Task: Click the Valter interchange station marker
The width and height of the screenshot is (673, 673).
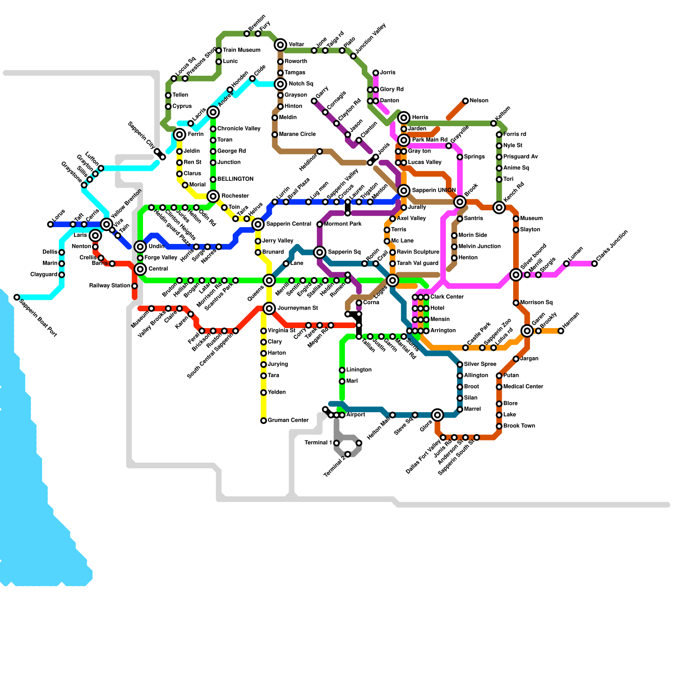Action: pyautogui.click(x=281, y=45)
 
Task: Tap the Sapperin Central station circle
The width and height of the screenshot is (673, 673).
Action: pyautogui.click(x=258, y=224)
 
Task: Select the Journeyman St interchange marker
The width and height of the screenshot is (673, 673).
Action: pyautogui.click(x=269, y=308)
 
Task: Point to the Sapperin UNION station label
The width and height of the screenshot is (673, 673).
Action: pyautogui.click(x=434, y=191)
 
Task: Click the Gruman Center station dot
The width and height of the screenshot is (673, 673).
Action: pyautogui.click(x=264, y=421)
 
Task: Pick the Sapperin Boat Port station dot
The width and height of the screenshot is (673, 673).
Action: pyautogui.click(x=17, y=297)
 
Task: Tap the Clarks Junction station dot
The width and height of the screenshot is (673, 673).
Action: pyautogui.click(x=594, y=264)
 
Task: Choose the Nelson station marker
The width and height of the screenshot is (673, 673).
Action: pyautogui.click(x=465, y=101)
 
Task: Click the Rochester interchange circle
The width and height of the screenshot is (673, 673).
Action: pyautogui.click(x=213, y=196)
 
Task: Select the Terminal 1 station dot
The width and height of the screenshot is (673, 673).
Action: pyautogui.click(x=336, y=443)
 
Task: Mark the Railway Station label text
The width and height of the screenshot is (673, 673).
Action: pyautogui.click(x=109, y=286)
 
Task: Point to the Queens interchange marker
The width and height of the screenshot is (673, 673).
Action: pyautogui.click(x=269, y=281)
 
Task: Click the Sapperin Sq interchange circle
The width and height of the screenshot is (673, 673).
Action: pyautogui.click(x=320, y=252)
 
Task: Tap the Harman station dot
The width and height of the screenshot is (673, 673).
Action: pyautogui.click(x=561, y=331)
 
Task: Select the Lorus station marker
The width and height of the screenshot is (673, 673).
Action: pyautogui.click(x=50, y=224)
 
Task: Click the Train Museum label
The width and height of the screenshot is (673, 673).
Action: pyautogui.click(x=241, y=50)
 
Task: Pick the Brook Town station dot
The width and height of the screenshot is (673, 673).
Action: pyautogui.click(x=499, y=426)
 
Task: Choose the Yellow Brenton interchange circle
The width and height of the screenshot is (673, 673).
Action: pyautogui.click(x=107, y=224)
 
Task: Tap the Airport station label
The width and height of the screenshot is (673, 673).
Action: pyautogui.click(x=355, y=415)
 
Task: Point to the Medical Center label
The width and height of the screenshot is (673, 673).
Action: pyautogui.click(x=523, y=387)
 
